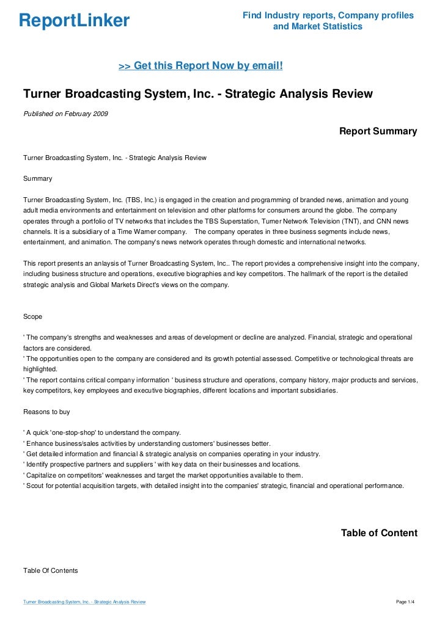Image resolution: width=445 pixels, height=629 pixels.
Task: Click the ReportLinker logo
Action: coord(75,21)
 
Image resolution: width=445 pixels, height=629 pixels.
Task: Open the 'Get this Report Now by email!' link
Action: coord(200,65)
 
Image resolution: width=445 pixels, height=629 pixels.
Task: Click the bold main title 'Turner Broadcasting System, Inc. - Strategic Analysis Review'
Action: coord(197,94)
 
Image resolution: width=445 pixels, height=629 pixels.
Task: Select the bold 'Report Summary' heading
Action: coord(378,131)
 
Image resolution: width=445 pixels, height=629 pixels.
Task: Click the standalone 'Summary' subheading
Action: coord(37,179)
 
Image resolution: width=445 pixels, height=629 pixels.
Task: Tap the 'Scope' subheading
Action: coord(33,316)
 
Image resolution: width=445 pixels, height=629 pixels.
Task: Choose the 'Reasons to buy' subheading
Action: coord(46,412)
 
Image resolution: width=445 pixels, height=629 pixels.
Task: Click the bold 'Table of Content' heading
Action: coord(379,533)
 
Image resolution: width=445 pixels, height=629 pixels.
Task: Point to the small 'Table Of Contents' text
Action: coord(50,570)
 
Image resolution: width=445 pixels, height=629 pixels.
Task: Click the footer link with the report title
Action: coord(84,602)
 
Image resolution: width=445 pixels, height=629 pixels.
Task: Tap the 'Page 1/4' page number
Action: coord(406,602)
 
